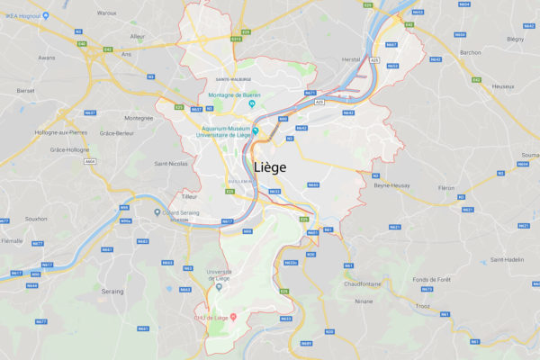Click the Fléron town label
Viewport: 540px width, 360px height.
click(446, 188)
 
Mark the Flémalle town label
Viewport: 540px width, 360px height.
click(13, 241)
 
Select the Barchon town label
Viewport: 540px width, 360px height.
click(471, 52)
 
